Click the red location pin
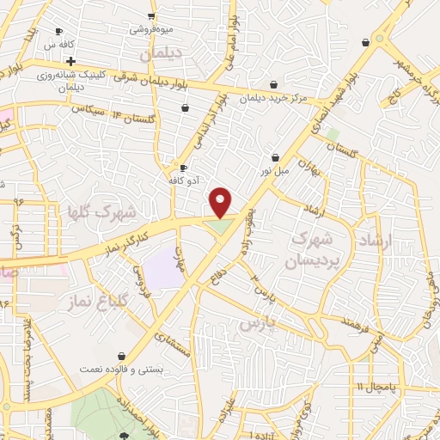[x=221, y=202]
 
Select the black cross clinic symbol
[x=70, y=61]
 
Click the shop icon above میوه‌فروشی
[x=151, y=15]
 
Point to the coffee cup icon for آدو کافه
[x=182, y=167]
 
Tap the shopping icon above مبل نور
[x=275, y=158]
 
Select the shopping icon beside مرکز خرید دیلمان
[x=272, y=84]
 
